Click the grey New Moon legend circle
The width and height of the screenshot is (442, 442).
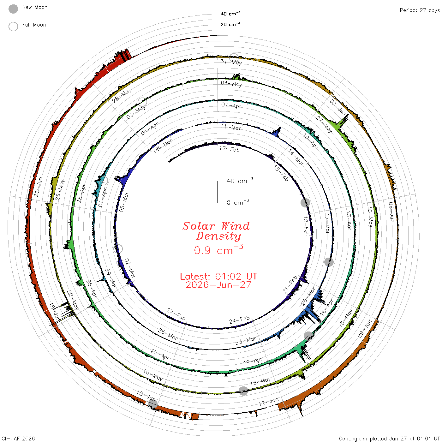13,9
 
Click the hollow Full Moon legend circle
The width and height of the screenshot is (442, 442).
13,27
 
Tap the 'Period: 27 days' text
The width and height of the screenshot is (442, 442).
420,10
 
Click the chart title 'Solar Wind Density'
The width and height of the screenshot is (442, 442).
216,231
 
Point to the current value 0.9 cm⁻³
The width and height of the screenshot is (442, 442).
218,250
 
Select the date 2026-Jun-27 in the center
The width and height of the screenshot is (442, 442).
218,285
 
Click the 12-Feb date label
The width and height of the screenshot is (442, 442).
230,149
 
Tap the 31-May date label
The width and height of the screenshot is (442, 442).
231,62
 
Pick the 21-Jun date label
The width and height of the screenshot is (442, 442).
38,187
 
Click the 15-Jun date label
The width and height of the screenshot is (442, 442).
146,395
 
